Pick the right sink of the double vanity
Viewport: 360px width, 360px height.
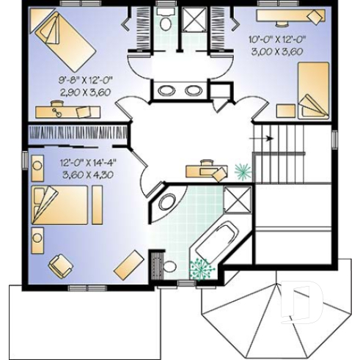192,91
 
